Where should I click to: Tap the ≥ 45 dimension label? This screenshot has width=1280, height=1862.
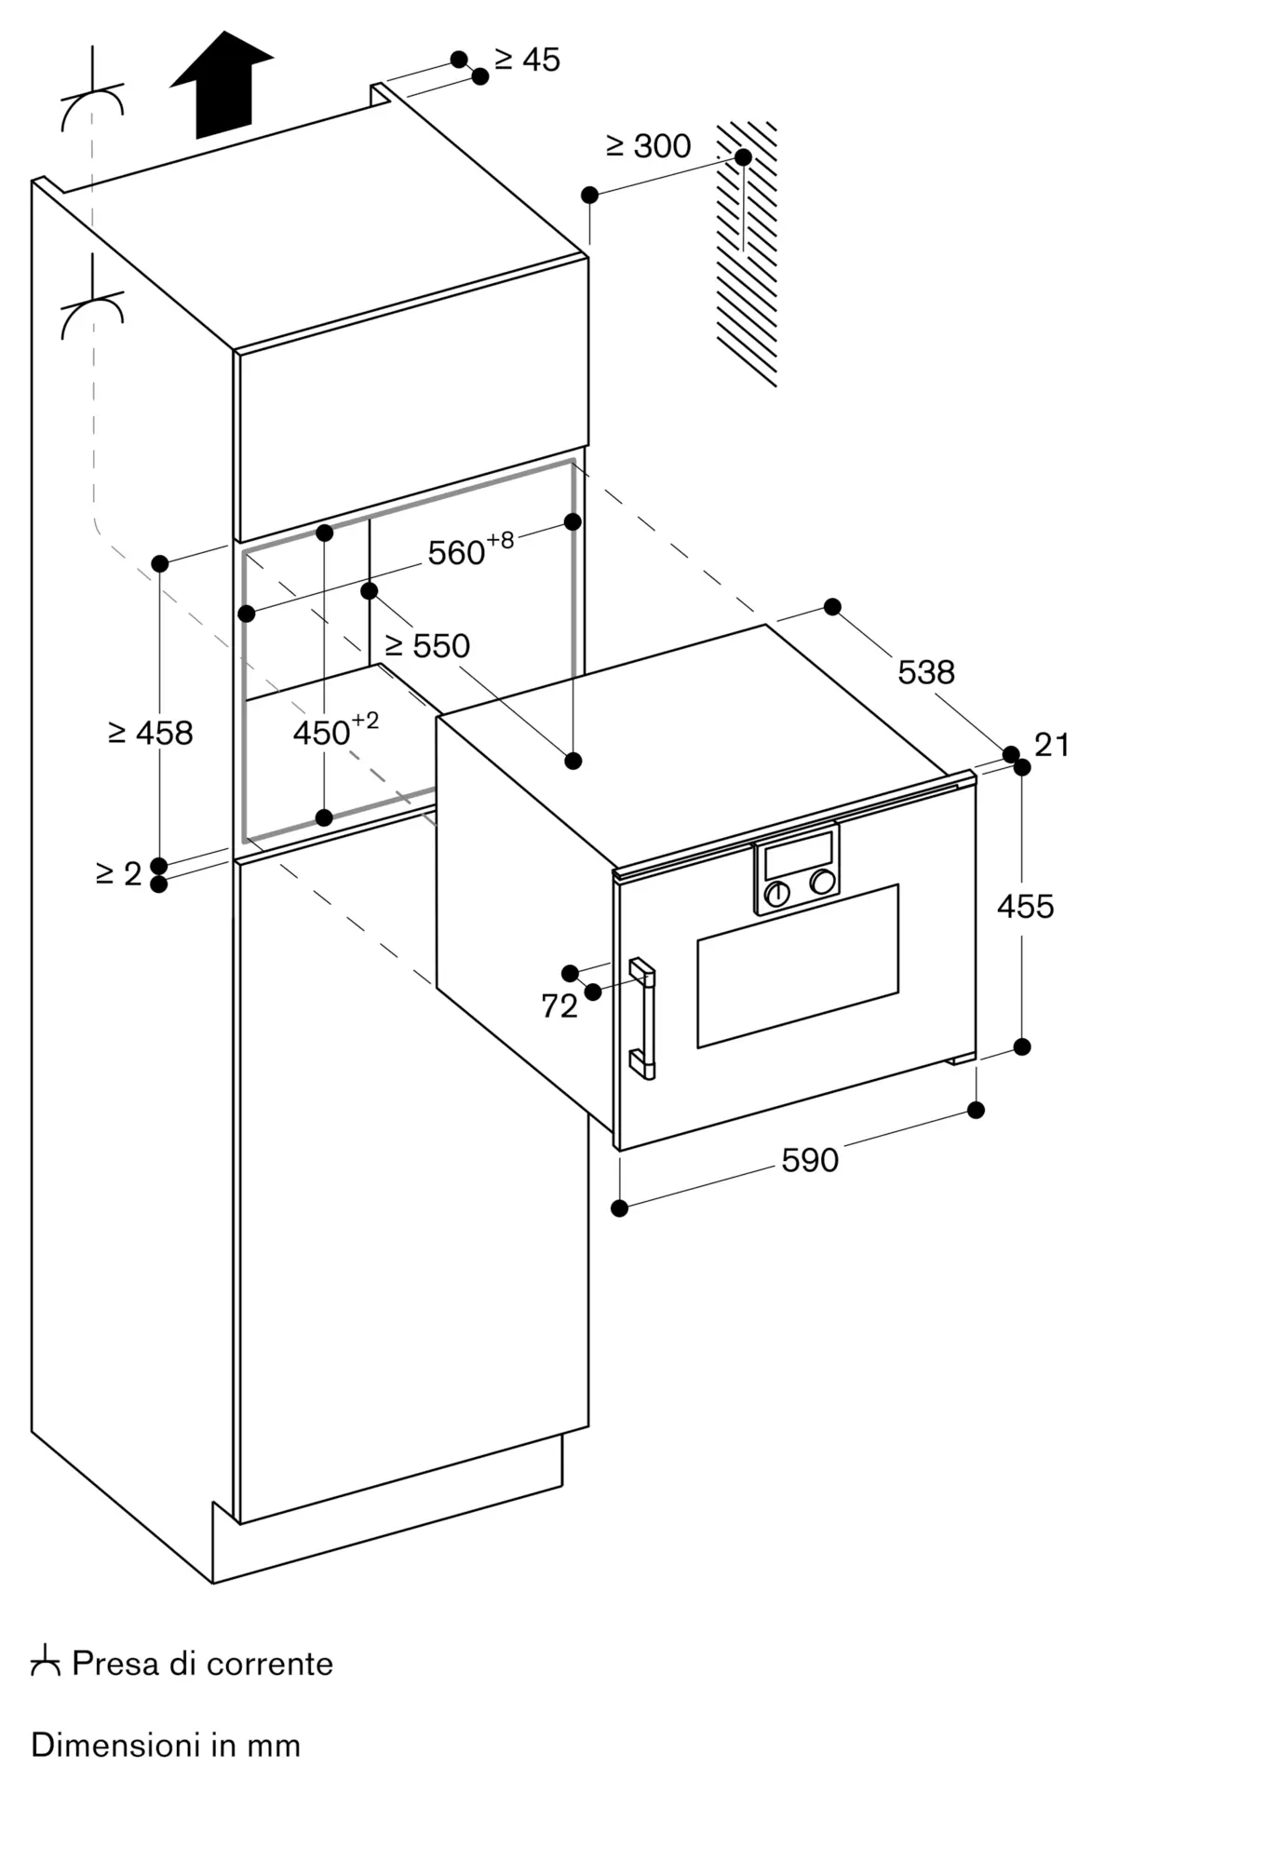527,61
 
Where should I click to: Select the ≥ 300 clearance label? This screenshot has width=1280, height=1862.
649,146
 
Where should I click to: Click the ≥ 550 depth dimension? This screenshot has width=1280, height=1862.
427,646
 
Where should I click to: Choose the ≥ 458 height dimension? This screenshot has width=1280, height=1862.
151,734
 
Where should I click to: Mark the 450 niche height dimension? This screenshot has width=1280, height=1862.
336,730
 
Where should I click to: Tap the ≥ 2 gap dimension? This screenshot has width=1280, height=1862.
119,874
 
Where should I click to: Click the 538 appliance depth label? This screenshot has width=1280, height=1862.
926,672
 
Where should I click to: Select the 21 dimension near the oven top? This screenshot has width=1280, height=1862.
1052,745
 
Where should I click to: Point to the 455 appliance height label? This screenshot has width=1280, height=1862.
1026,907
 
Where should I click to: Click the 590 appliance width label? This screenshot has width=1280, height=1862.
810,1160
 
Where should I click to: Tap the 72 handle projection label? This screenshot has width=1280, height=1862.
559,1006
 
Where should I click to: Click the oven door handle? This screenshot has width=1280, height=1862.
643,1019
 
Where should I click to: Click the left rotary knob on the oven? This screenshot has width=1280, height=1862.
776,894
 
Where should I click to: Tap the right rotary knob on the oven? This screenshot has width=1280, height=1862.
822,882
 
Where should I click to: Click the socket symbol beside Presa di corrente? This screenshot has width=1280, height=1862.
45,1661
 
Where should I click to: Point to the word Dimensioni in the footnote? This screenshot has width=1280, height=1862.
116,1744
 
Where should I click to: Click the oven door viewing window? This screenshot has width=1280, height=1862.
798,965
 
